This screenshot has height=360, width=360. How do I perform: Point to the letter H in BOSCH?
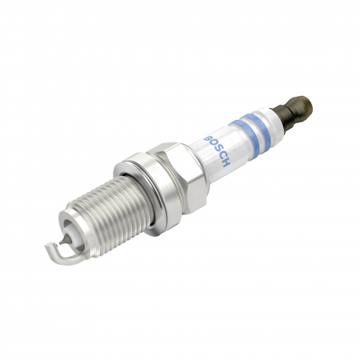click(x=226, y=161)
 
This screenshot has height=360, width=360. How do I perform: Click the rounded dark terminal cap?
click(x=302, y=106)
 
